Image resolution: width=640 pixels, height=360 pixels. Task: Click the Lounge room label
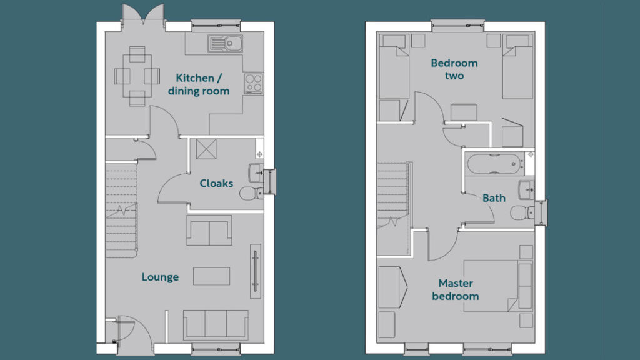tap(160, 277)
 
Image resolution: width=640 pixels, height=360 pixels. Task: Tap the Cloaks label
tap(216, 183)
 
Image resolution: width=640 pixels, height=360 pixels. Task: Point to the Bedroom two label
tap(454, 69)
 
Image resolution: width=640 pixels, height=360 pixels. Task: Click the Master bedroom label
tap(455, 290)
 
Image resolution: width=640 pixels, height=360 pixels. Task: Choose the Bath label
tap(494, 198)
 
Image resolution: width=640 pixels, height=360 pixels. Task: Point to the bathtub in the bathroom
tap(494, 164)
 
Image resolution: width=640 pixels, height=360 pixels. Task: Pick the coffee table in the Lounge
tap(211, 276)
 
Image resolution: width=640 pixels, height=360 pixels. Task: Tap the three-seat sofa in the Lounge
tap(216, 324)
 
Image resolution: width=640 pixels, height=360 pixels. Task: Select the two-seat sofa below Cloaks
tap(209, 231)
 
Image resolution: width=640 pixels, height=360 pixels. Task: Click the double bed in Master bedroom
tap(518, 287)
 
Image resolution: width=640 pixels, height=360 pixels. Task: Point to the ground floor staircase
tap(121, 206)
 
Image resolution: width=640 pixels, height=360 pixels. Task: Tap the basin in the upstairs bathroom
tap(526, 188)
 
